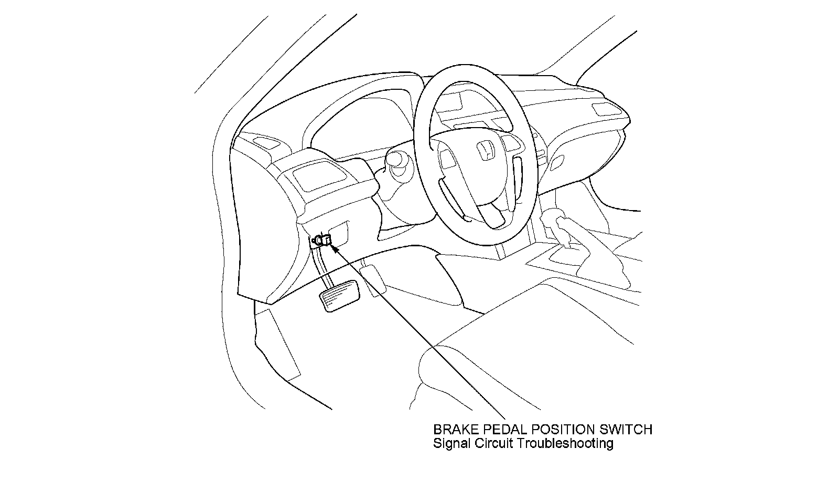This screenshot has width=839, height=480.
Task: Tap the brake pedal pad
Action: (339, 297)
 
